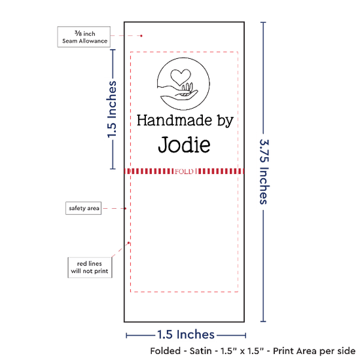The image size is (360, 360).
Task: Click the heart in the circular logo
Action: [181, 77]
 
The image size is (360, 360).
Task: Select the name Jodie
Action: [184, 145]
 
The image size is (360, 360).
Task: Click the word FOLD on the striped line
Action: [184, 171]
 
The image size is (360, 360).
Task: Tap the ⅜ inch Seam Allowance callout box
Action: [84, 37]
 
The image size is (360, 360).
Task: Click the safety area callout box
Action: [84, 208]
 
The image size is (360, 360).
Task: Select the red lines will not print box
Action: [90, 268]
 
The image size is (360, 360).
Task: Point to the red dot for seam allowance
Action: [141, 36]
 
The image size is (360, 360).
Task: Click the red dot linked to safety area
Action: [126, 208]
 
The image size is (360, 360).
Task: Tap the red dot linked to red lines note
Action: [128, 243]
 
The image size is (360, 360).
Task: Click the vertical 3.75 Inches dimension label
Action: [264, 171]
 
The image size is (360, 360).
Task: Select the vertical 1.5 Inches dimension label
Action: [112, 109]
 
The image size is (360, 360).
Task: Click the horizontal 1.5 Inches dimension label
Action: [186, 334]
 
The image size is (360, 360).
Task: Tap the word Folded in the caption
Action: [166, 351]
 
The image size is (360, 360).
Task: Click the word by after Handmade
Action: [225, 121]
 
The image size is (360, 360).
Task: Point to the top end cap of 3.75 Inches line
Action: [263, 22]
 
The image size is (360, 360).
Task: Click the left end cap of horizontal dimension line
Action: [126, 336]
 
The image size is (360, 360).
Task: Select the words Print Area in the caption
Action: [298, 351]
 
